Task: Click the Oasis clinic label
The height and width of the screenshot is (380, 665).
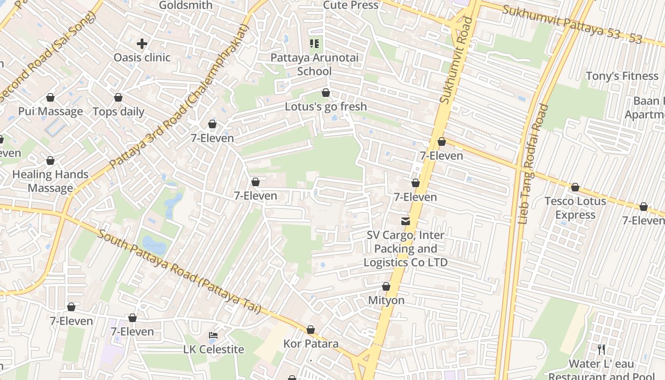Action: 142,57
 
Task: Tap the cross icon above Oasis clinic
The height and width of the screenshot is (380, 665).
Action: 142,44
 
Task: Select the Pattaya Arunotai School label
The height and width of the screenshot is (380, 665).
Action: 314,65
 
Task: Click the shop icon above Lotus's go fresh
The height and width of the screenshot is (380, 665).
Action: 326,93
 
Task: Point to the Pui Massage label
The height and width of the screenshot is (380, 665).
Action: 50,112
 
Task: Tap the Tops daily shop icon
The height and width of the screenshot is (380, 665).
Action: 118,97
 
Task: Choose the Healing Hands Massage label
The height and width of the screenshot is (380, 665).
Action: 50,181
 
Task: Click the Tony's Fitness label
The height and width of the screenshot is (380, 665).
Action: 622,76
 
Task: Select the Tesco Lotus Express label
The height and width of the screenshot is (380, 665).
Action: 575,208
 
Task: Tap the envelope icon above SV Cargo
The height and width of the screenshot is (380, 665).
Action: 406,221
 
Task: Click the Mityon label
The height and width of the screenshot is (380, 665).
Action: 386,300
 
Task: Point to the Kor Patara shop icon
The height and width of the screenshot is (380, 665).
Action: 311,330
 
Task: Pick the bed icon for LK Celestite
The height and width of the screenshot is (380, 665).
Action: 213,336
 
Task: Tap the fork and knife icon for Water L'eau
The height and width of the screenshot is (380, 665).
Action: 601,350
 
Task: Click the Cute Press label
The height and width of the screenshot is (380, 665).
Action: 351,5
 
